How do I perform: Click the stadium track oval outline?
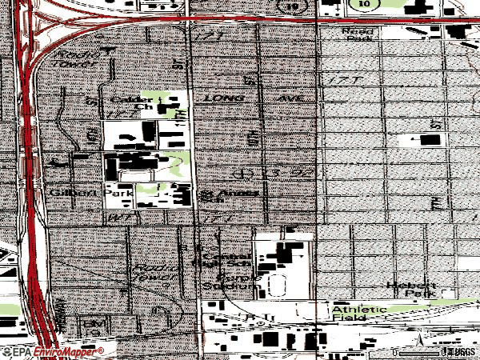pos(278,283)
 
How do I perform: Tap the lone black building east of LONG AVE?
pos(430,140)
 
